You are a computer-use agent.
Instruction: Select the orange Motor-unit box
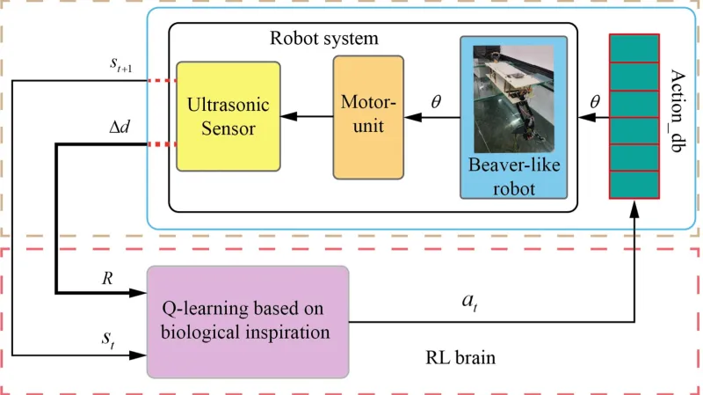[368, 117]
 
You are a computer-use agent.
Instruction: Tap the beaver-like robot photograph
[514, 105]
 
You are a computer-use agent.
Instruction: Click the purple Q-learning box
[248, 322]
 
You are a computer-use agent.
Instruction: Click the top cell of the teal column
[634, 49]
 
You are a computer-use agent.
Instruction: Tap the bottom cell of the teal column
[634, 186]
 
